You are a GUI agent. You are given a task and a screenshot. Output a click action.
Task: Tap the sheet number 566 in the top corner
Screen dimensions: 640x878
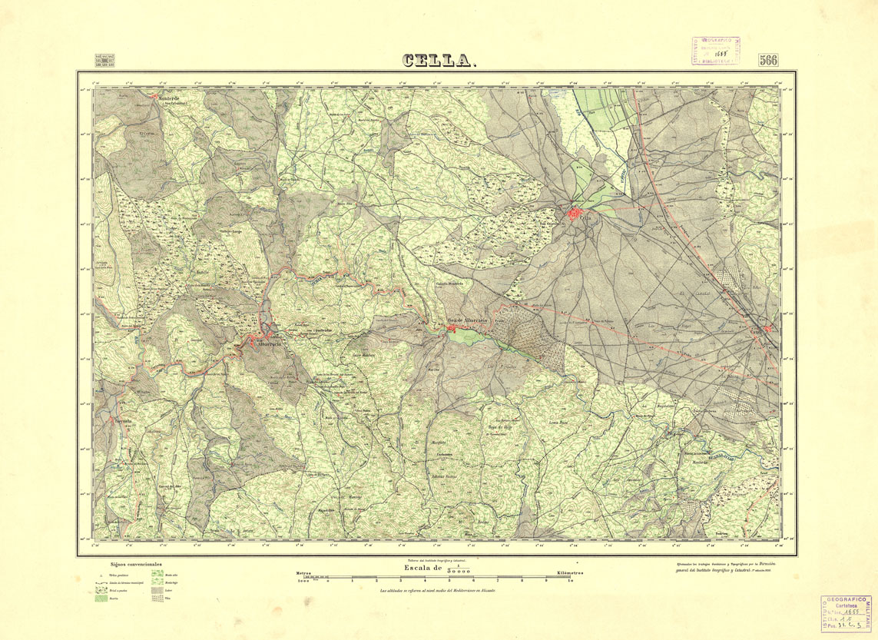coord(768,61)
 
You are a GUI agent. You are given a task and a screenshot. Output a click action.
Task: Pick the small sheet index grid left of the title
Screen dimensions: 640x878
coord(104,61)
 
